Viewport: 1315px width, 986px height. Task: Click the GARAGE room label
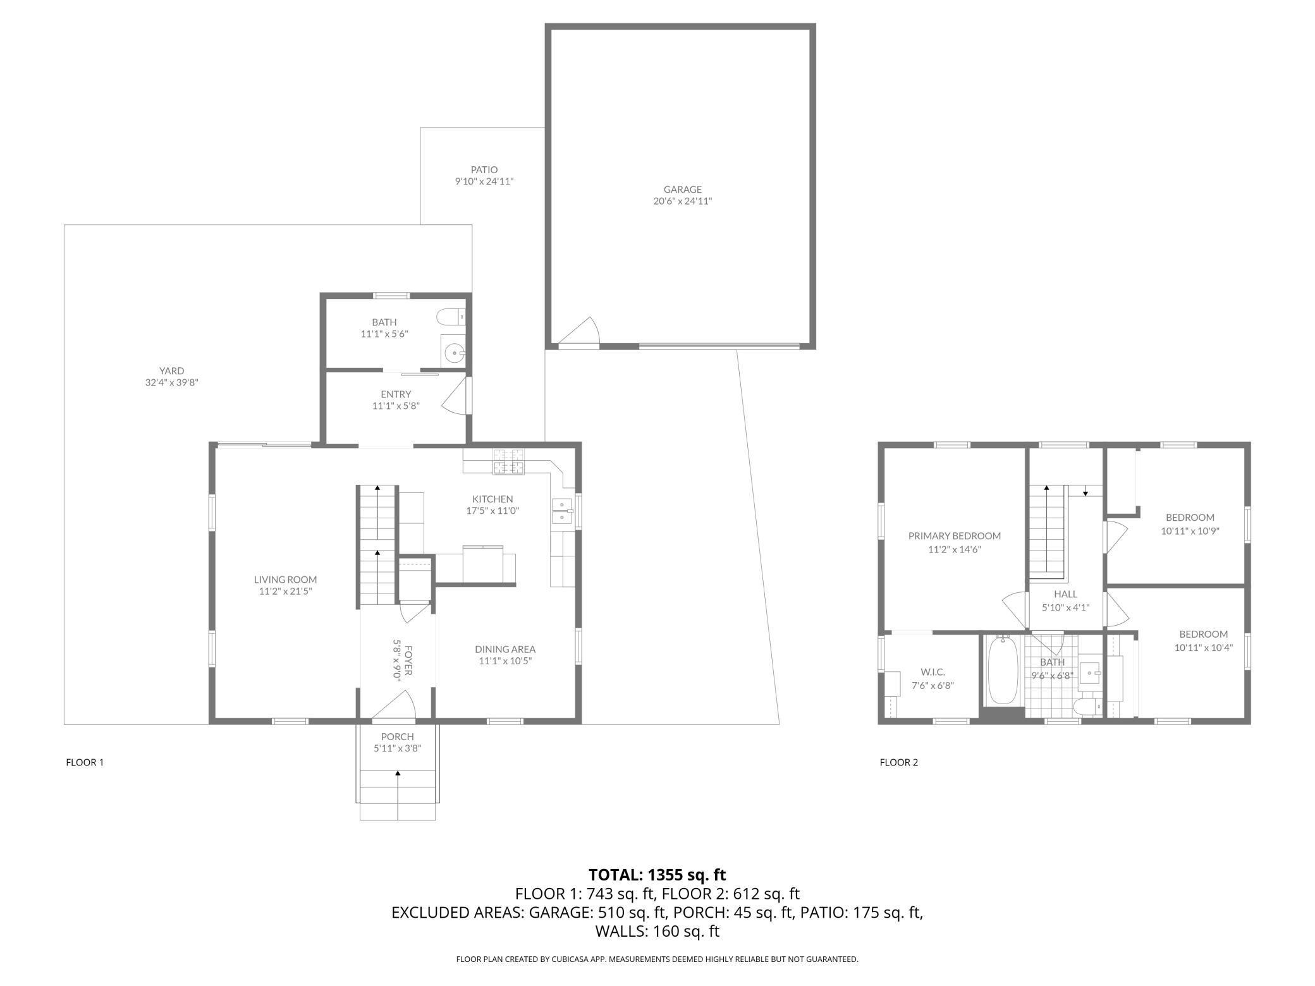(682, 189)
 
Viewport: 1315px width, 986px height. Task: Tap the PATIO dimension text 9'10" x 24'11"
(484, 181)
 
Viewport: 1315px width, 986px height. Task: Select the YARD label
(171, 371)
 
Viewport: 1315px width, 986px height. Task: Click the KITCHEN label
(492, 499)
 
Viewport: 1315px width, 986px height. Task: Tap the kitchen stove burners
(509, 461)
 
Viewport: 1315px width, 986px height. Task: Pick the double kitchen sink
(562, 511)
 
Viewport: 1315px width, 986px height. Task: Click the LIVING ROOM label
(285, 580)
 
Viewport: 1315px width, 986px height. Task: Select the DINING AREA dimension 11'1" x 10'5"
(505, 661)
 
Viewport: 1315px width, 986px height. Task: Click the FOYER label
(408, 660)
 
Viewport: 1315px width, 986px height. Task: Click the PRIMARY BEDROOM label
(954, 536)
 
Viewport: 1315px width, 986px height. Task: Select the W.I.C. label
(933, 673)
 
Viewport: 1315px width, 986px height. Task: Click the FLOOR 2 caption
(898, 762)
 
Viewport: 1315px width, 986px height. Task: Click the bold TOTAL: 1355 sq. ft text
(657, 875)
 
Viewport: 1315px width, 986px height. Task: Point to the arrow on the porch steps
(398, 794)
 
